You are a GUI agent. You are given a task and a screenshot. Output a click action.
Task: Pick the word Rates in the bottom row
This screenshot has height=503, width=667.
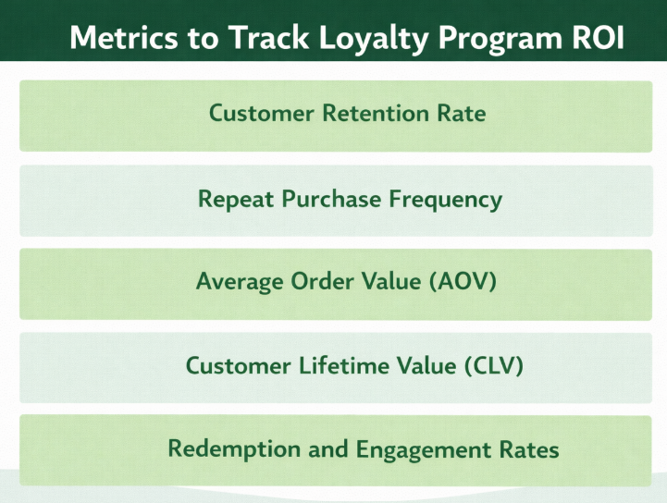[527, 449]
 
